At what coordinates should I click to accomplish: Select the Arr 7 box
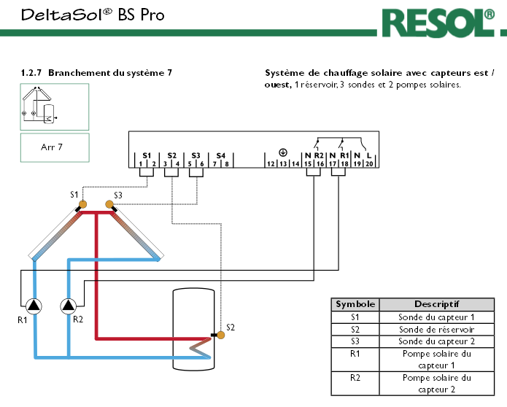[55, 147]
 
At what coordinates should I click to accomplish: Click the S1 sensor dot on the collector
[82, 205]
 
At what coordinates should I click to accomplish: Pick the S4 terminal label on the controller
[221, 156]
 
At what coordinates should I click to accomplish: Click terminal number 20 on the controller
[369, 165]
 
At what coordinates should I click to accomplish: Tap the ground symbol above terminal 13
[283, 152]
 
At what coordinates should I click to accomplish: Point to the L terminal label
[370, 156]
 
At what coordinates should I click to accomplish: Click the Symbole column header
[355, 304]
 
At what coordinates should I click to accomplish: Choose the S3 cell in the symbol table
[355, 341]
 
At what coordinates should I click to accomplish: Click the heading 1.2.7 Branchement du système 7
[97, 74]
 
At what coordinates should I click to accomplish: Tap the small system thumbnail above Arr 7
[55, 105]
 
